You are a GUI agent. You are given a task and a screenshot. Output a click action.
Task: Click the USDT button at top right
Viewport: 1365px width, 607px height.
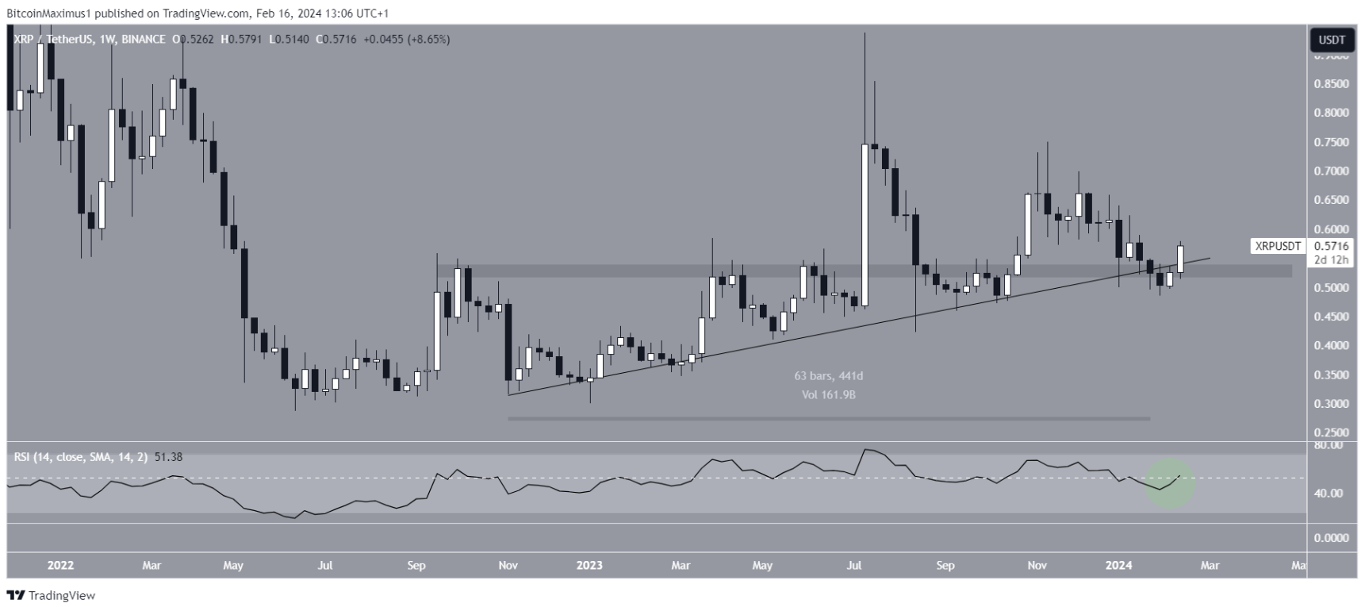pos(1331,40)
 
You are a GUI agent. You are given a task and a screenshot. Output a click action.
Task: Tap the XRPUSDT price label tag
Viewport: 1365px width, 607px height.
pos(1277,247)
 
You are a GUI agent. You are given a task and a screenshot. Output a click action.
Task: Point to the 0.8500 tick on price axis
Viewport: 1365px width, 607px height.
pos(1330,84)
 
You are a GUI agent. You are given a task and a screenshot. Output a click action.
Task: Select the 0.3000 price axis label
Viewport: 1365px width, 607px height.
pos(1330,404)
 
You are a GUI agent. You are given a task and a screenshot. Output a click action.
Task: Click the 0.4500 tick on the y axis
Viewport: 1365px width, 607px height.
pos(1330,317)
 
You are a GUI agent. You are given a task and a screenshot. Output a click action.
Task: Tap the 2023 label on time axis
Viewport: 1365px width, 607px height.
pos(589,566)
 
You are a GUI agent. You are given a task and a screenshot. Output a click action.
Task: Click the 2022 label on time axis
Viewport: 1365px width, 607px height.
pos(60,566)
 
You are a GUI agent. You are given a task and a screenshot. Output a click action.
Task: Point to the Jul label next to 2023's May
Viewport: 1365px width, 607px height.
pos(854,566)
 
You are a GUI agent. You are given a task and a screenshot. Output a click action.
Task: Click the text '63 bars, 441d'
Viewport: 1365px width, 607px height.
pos(829,376)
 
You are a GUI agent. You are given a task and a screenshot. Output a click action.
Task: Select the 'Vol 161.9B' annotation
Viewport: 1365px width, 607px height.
pos(829,394)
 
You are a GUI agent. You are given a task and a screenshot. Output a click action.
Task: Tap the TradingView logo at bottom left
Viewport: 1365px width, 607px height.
pos(51,595)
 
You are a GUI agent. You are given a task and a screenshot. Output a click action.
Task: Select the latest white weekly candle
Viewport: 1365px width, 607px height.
pos(1180,259)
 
